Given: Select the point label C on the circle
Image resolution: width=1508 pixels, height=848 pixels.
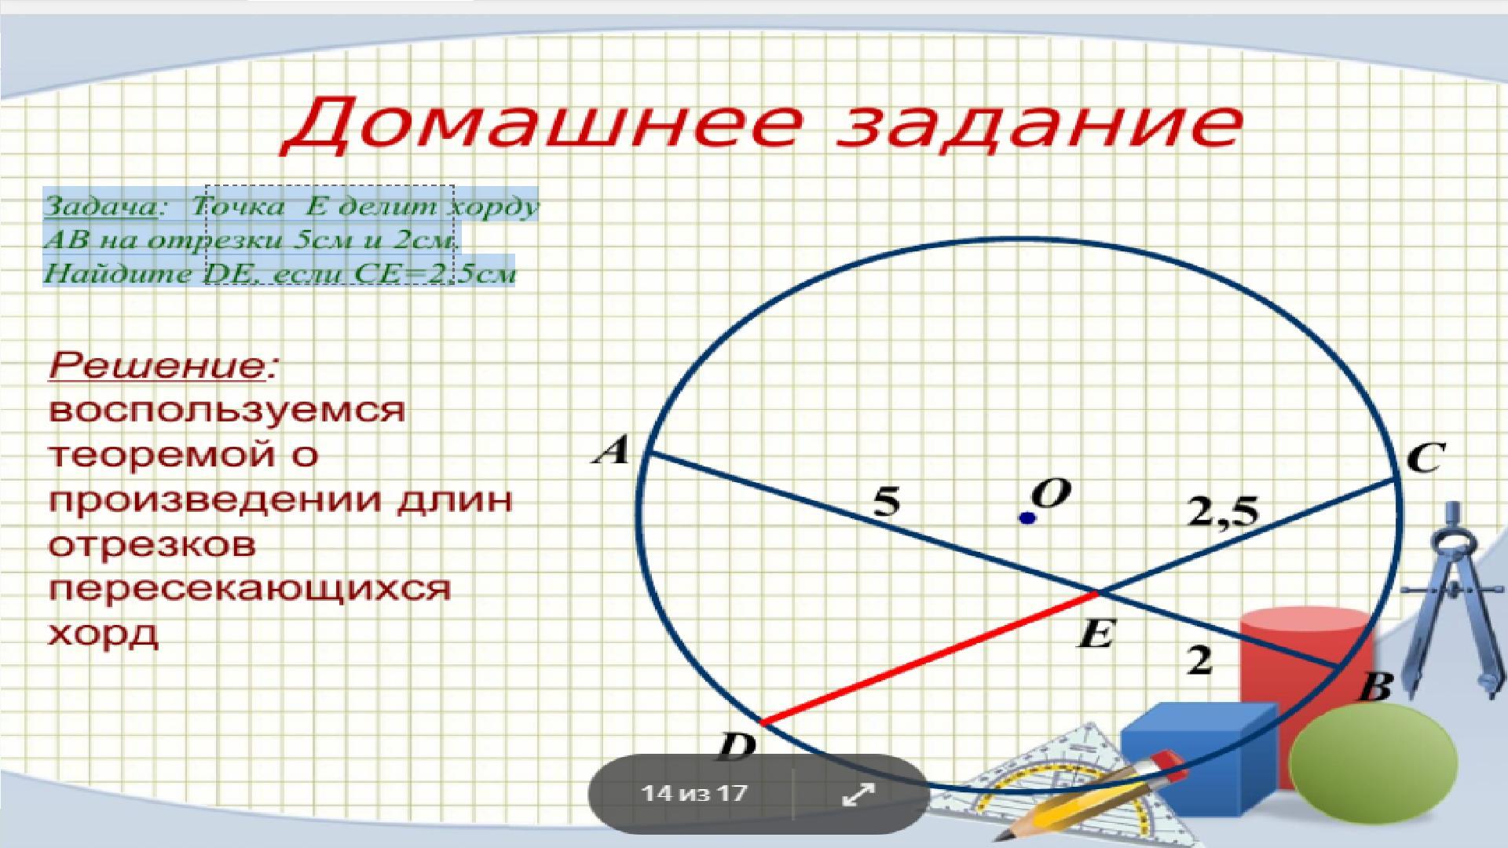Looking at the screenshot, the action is click(x=1426, y=458).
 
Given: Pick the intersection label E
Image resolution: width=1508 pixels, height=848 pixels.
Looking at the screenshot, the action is click(x=1096, y=634).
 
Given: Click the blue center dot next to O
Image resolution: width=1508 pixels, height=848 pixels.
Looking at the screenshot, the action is click(x=1027, y=518).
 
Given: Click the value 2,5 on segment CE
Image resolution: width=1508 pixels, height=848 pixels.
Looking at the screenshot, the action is click(x=1223, y=513).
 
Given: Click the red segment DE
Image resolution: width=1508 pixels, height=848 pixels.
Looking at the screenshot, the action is click(x=930, y=658).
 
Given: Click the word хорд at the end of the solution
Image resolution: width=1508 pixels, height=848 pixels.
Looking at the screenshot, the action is click(x=104, y=634).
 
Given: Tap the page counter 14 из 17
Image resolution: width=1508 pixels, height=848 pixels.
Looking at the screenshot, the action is click(x=694, y=793).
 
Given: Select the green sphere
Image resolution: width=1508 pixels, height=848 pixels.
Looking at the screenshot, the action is click(x=1373, y=764).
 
